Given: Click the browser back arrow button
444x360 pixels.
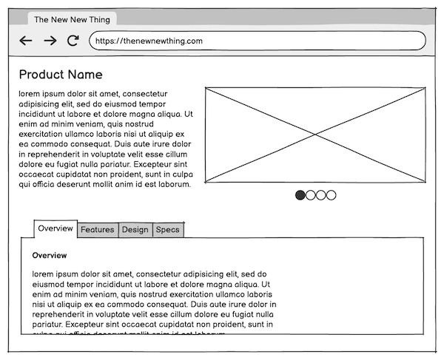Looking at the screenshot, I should (26, 41).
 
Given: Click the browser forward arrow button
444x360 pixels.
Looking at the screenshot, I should (50, 41).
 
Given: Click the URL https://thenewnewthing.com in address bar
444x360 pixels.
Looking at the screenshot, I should (149, 41).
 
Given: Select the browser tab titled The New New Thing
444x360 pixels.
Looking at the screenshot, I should (72, 19).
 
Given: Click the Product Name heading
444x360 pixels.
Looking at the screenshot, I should (61, 75).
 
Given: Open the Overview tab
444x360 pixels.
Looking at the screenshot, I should (55, 228).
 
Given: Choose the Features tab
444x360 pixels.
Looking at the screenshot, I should (98, 230).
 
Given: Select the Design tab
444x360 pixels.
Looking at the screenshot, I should (135, 230).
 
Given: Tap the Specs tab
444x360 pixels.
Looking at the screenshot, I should (168, 230).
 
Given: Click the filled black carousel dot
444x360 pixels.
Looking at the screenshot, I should (300, 195).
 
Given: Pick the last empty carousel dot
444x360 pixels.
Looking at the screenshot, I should (331, 195).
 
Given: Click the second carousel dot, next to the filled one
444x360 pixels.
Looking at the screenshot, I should (311, 195).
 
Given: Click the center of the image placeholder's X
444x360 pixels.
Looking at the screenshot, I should (316, 135).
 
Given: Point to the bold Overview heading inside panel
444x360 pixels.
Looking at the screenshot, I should (50, 256).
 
